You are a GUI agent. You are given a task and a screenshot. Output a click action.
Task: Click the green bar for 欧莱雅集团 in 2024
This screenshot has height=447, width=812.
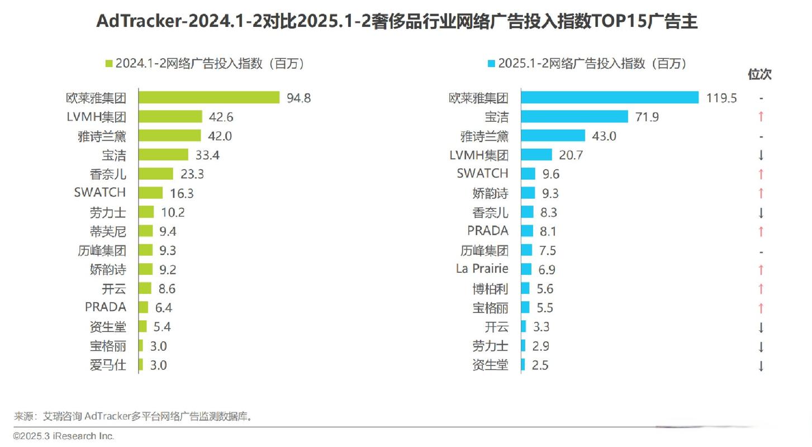(209, 98)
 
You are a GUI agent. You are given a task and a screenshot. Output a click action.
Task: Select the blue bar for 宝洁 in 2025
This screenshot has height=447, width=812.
(574, 117)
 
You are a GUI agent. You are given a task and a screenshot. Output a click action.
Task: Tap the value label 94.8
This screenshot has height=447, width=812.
(298, 98)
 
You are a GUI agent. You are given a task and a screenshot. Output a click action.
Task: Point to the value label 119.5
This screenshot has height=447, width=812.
(721, 98)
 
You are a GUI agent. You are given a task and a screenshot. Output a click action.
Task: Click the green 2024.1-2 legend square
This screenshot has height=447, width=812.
(109, 64)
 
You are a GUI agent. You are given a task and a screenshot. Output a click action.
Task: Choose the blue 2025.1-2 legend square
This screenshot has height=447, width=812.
(492, 64)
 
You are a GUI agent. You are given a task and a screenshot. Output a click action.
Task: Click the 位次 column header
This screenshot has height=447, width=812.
(760, 74)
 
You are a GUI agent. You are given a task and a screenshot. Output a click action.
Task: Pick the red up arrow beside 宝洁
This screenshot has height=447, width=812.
(761, 117)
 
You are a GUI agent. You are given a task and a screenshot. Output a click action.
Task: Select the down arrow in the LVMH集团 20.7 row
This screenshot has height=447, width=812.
(761, 155)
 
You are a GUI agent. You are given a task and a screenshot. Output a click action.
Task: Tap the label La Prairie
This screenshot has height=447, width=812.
(482, 269)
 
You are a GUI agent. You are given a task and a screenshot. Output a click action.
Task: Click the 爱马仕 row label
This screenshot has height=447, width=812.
(108, 365)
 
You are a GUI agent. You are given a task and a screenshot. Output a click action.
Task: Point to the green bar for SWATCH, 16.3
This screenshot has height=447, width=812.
(151, 193)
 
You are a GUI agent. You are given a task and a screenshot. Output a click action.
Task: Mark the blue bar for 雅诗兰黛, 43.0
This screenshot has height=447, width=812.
(553, 136)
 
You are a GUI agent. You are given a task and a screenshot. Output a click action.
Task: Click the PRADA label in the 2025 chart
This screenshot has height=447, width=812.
(488, 231)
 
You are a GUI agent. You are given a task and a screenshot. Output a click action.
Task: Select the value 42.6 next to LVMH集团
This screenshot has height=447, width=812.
(220, 117)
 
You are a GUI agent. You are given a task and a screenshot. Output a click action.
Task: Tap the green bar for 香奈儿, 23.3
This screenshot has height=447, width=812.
(156, 174)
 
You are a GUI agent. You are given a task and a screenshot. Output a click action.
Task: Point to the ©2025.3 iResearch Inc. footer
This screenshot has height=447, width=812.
(64, 436)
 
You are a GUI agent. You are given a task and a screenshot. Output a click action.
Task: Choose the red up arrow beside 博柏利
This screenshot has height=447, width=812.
(761, 289)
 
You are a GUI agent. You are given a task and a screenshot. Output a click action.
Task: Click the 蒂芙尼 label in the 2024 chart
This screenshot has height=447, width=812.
(108, 231)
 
